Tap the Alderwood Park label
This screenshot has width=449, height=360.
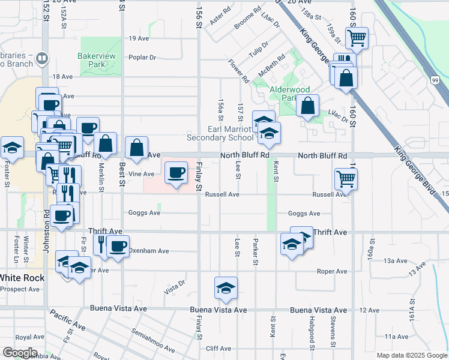289,94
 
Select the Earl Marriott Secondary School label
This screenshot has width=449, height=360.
231,133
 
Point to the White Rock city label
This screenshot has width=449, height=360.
20,278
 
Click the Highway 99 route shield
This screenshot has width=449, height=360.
434,80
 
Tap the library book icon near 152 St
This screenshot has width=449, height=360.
42,59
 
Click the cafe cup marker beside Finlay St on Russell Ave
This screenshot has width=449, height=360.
175,173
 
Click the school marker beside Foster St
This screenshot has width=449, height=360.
11,148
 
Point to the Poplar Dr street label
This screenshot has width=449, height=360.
142,58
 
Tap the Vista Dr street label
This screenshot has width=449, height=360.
174,290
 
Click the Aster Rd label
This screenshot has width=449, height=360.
220,17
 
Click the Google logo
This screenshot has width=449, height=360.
20,353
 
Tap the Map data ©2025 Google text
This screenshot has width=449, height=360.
411,355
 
